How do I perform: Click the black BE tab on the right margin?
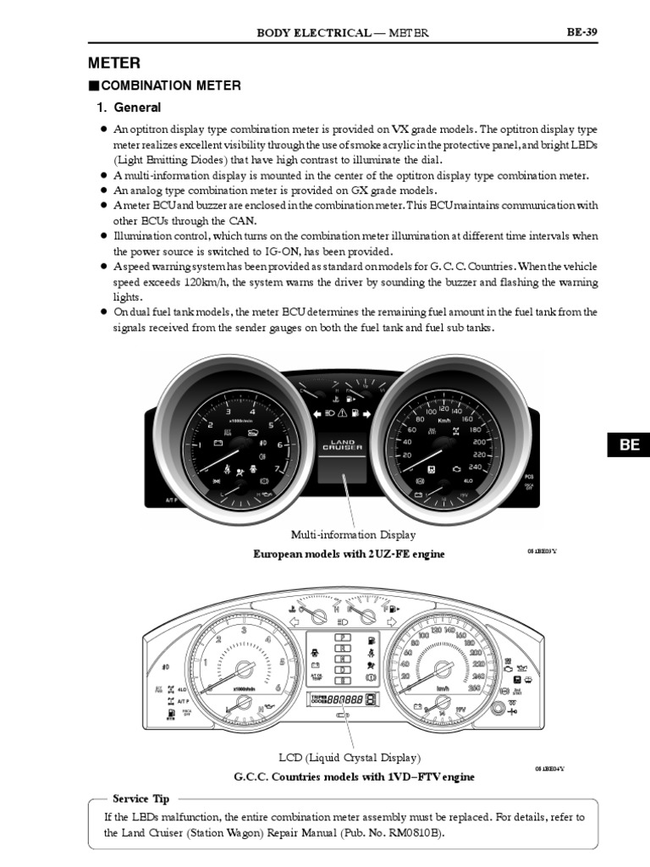pyautogui.click(x=629, y=445)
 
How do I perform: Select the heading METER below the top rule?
pyautogui.click(x=114, y=64)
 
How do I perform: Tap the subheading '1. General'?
pyautogui.click(x=128, y=108)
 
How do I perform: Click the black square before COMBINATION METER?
pyautogui.click(x=93, y=86)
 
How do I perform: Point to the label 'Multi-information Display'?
pyautogui.click(x=354, y=535)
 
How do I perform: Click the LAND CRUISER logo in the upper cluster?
pyautogui.click(x=342, y=445)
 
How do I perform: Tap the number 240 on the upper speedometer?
pyautogui.click(x=475, y=467)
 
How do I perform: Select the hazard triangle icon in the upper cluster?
pyautogui.click(x=343, y=412)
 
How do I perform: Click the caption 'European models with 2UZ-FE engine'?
pyautogui.click(x=350, y=554)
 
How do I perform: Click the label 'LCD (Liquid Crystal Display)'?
pyautogui.click(x=350, y=758)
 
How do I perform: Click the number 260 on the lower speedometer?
pyautogui.click(x=474, y=688)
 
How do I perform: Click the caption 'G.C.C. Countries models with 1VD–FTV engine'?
pyautogui.click(x=354, y=776)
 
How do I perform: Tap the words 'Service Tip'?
pyautogui.click(x=141, y=798)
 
